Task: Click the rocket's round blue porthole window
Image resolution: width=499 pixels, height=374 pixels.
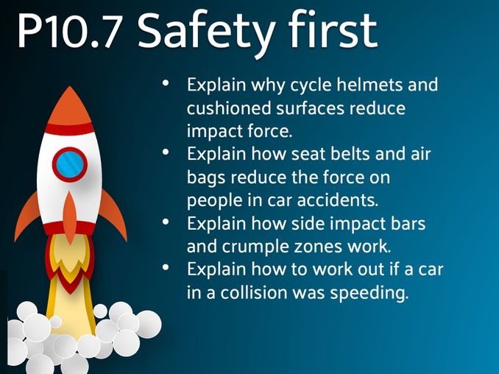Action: click(71, 163)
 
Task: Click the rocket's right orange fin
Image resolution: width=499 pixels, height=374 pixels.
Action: click(113, 214)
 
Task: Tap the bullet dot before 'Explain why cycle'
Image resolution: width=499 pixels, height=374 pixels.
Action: click(167, 83)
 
